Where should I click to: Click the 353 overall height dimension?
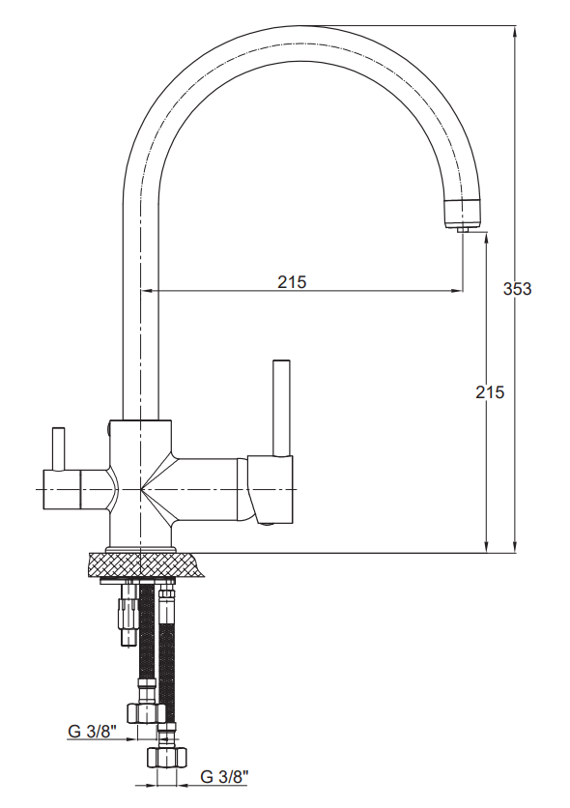(517, 289)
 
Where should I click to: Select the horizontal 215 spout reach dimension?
(292, 282)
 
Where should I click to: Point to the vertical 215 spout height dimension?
(490, 392)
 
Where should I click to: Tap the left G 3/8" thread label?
(93, 731)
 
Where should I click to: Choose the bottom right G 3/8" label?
(224, 776)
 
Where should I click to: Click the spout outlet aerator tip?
(463, 229)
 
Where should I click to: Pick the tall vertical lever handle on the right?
(282, 408)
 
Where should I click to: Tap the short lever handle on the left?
(59, 448)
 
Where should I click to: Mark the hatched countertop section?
(146, 565)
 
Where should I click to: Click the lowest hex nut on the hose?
(166, 757)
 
